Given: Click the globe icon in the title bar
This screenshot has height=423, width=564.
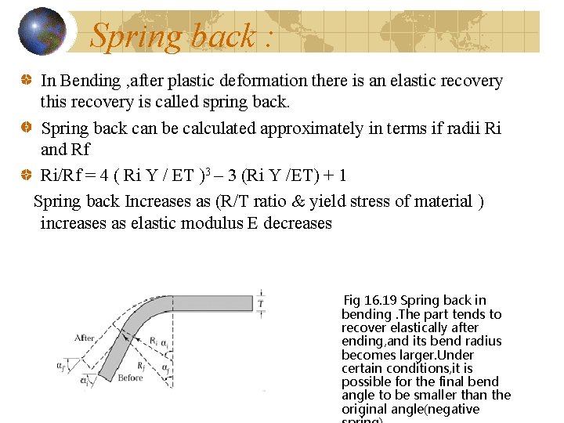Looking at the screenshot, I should pos(42,31).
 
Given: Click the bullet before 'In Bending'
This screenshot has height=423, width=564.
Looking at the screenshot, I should pos(25,81).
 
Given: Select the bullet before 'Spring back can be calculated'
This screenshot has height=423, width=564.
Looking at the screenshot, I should pos(25,128).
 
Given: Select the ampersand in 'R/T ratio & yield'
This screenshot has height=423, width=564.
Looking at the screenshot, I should pos(297,201).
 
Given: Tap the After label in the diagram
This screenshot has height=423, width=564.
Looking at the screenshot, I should pos(84,338).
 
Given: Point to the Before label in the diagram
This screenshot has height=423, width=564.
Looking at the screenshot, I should pos(130,378).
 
